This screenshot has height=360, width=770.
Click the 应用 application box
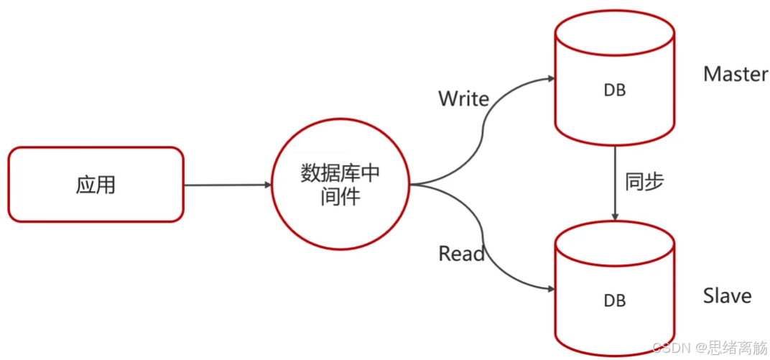coord(96,185)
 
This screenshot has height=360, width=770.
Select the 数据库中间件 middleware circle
coord(340,185)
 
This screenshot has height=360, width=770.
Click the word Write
coord(463,98)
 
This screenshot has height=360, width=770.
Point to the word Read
coord(461,253)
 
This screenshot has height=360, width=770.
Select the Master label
coord(736,73)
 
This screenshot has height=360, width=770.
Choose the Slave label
coord(727,296)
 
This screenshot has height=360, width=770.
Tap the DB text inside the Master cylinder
coord(614,91)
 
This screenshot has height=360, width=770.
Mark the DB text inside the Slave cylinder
coord(614,300)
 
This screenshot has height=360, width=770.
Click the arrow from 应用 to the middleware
coord(226,185)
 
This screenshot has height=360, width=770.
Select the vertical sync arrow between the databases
coord(615,180)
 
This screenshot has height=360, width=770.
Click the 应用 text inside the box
coord(96,185)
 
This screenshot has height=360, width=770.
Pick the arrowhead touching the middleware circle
coord(267,185)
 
